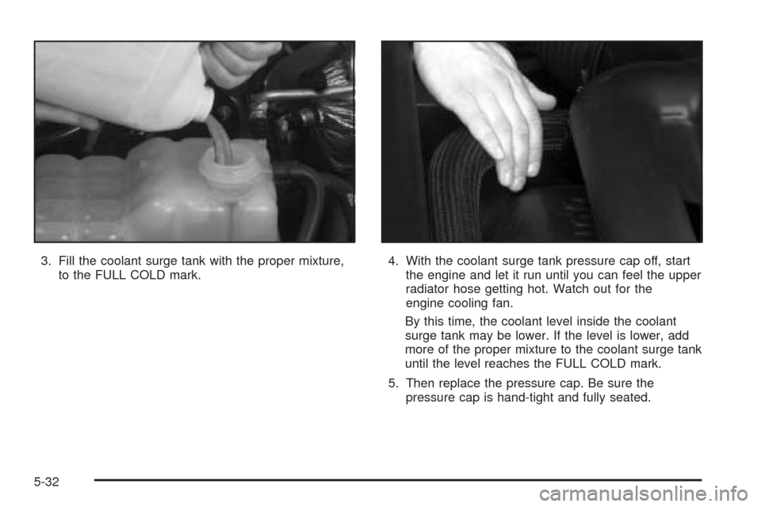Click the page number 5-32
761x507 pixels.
coord(47,482)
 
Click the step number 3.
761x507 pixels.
coord(45,261)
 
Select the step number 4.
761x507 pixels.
coord(392,261)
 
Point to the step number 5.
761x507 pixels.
coord(392,383)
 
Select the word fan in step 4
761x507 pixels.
coord(503,303)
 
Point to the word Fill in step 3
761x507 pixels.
coord(67,261)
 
